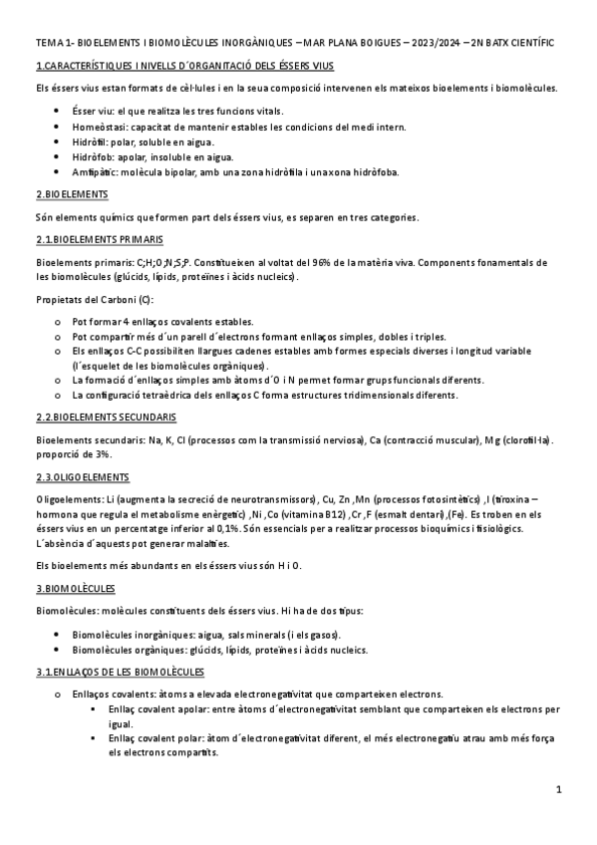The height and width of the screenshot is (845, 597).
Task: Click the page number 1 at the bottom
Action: [559, 790]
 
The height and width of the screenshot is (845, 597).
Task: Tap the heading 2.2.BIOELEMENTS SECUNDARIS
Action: [106, 416]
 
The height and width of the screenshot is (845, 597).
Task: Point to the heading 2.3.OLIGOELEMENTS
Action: [83, 477]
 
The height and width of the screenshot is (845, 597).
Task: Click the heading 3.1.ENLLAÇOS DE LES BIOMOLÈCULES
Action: [119, 673]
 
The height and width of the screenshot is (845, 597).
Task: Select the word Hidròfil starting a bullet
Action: [92, 142]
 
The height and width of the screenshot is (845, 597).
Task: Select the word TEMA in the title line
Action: [48, 45]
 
